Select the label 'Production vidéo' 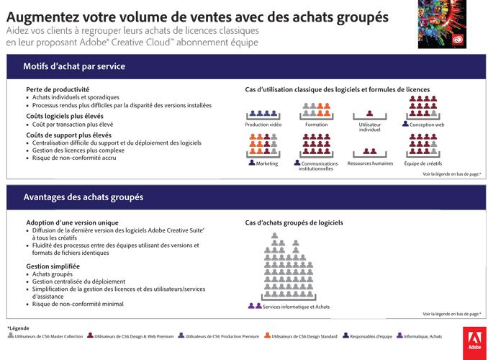[263, 125]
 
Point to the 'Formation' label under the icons [316, 125]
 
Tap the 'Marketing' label [267, 163]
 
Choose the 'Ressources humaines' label [370, 163]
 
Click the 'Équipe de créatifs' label [423, 163]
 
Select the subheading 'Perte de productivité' [58, 89]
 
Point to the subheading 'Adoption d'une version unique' [72, 222]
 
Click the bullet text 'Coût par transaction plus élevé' [73, 125]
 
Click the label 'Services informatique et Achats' [297, 307]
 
